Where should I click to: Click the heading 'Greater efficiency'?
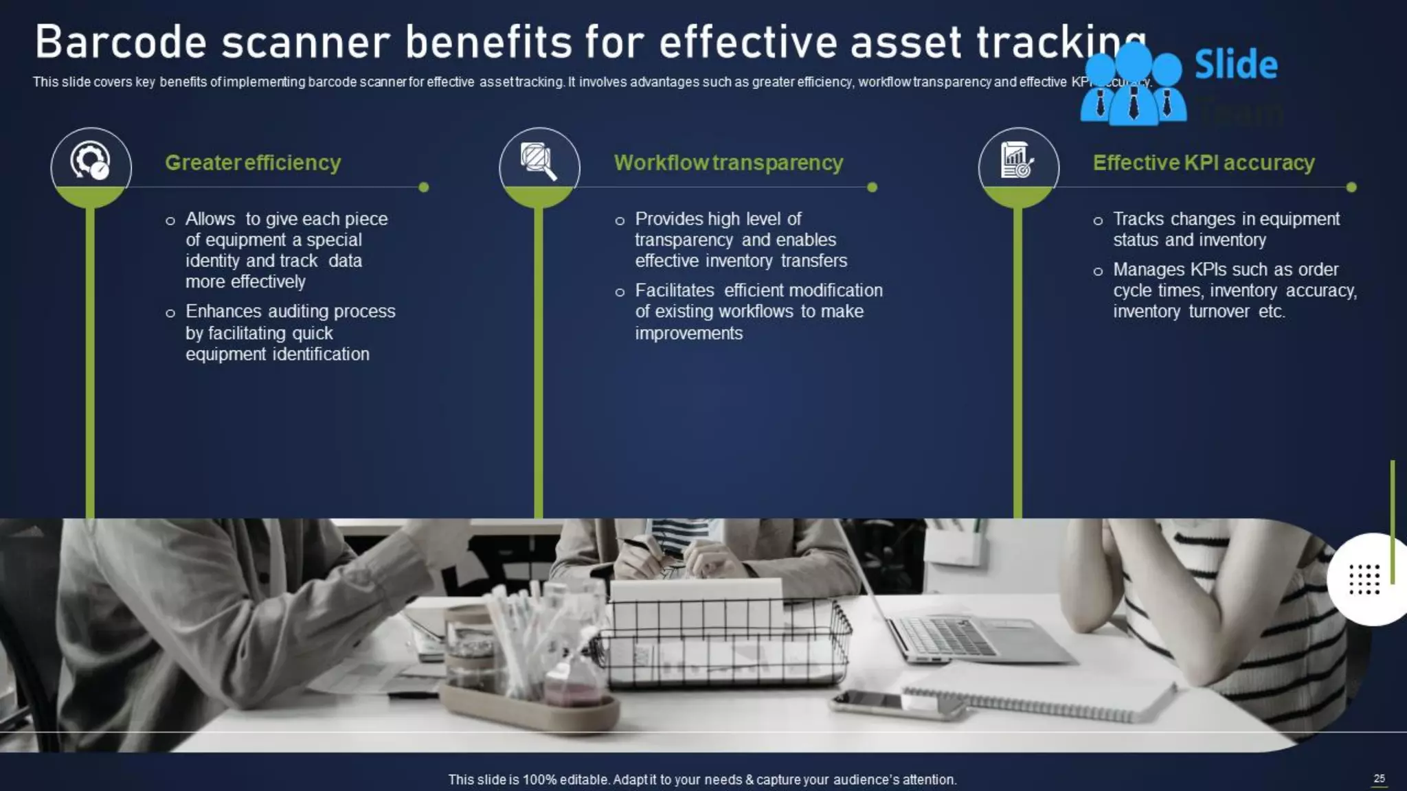253,163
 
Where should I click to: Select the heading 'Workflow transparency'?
728,163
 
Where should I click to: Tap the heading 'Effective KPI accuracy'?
1204,163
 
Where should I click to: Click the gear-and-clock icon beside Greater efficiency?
91,161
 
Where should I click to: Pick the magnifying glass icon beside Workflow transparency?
539,161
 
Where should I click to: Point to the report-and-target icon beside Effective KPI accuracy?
1018,161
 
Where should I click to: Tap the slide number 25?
1379,778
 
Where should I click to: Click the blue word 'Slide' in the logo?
1236,65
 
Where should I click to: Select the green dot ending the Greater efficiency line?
424,187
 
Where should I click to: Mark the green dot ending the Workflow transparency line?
873,187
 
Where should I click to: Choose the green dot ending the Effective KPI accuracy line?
1351,187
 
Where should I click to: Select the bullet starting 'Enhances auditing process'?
290,332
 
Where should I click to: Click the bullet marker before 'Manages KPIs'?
1098,271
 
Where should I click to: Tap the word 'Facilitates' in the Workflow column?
675,290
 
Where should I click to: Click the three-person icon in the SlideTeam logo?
1134,86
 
